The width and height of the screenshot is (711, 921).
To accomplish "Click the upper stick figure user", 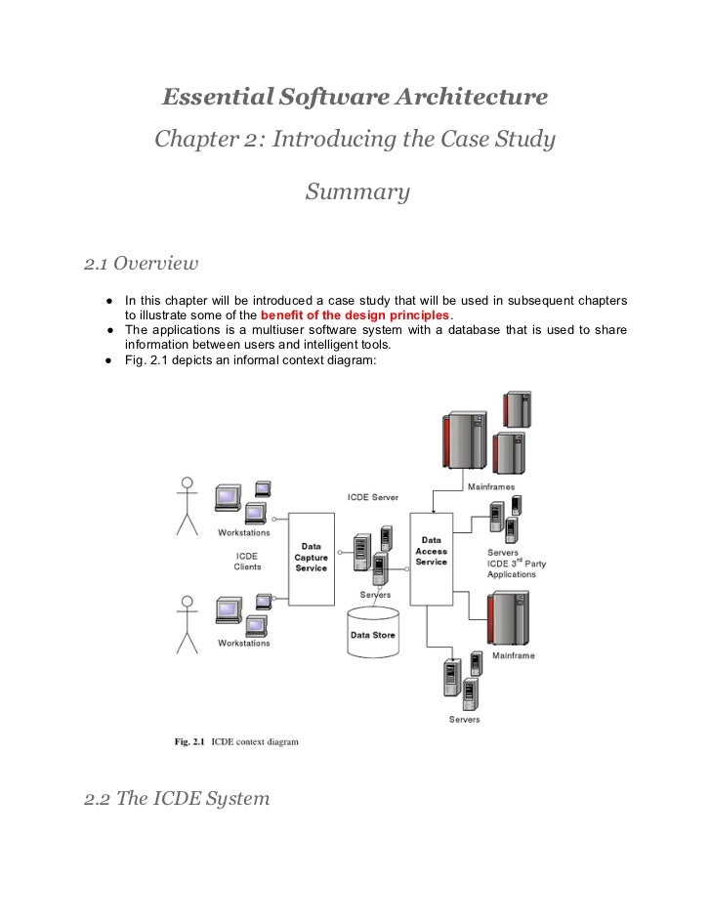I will [187, 505].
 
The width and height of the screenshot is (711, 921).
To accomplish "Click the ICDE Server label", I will [372, 497].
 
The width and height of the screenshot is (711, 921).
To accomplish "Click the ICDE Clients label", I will [247, 561].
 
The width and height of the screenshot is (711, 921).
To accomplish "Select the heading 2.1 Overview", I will [141, 263].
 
